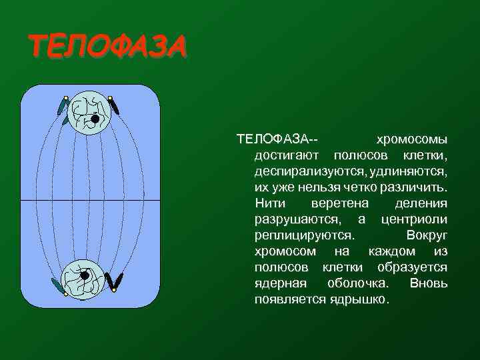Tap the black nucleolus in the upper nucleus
95,119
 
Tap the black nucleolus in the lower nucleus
85,275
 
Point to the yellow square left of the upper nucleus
65,99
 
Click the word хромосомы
412,140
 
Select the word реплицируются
304,236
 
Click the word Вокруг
427,236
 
